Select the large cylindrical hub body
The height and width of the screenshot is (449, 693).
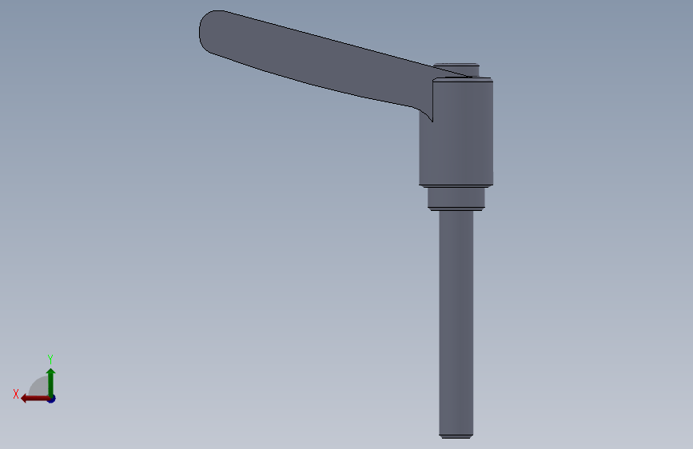coord(456,132)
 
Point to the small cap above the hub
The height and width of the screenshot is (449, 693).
coord(456,70)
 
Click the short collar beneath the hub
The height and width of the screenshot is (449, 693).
coord(456,198)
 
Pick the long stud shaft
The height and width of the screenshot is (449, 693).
coord(456,324)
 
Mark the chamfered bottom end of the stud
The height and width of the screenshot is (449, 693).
coord(456,437)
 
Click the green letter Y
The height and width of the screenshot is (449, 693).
coord(50,359)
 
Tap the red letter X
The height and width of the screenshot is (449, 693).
coord(16,394)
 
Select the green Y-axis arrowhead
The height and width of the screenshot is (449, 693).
coord(51,372)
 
